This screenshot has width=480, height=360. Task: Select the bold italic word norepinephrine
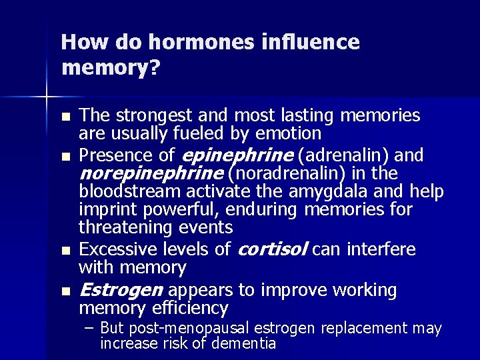pos(151,174)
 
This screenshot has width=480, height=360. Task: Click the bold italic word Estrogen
pos(121,290)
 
